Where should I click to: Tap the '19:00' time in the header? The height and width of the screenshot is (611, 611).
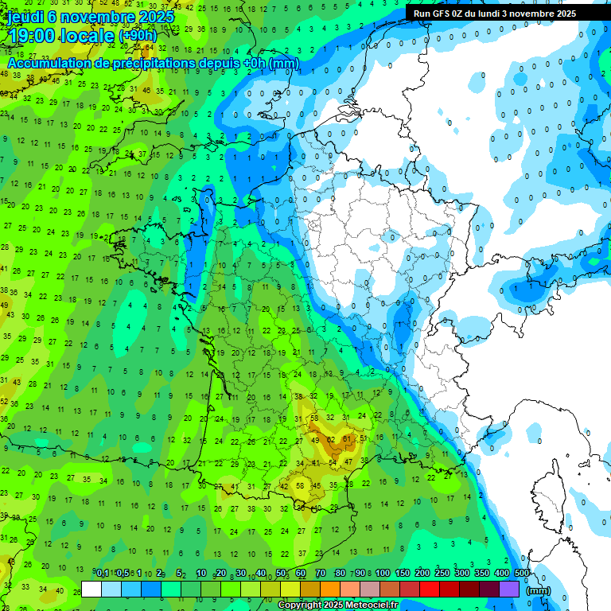click(x=33, y=34)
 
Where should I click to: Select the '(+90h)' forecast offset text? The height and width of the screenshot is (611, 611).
click(x=138, y=35)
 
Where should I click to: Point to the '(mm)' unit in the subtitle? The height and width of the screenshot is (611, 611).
click(x=284, y=63)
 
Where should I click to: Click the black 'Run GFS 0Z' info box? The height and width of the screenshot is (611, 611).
click(x=495, y=13)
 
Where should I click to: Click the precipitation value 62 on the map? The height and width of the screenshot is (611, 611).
click(x=330, y=438)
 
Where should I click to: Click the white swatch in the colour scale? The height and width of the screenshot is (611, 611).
click(x=91, y=590)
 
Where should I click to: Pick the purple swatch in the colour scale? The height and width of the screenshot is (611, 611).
click(x=509, y=590)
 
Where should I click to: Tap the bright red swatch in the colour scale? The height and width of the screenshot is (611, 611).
click(x=430, y=590)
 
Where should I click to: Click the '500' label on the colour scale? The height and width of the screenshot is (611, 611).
click(x=522, y=574)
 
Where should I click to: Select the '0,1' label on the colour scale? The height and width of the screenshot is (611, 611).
click(x=103, y=574)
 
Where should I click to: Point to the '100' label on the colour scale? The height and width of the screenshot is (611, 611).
click(x=383, y=574)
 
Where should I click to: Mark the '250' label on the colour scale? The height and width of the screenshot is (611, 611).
click(x=442, y=574)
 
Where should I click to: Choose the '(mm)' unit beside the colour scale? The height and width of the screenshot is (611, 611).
click(x=539, y=590)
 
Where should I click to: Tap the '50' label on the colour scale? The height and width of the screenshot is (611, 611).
click(x=281, y=574)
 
